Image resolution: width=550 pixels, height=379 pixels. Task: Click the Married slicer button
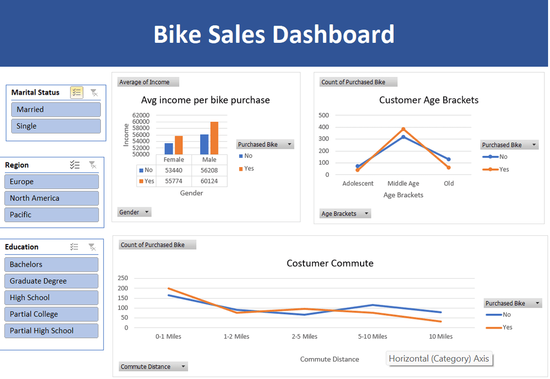point(56,110)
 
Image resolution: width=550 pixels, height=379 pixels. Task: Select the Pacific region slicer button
point(51,215)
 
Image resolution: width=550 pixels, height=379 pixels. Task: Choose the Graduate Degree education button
point(51,281)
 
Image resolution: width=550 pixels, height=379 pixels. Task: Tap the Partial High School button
point(51,331)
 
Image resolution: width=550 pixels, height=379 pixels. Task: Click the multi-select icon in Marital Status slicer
point(76,92)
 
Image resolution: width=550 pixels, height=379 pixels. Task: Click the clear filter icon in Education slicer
point(92,247)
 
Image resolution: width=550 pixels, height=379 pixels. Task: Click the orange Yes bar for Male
point(214,138)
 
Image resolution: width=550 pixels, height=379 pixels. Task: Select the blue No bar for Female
point(169,149)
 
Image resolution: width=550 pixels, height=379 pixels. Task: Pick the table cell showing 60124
point(209,181)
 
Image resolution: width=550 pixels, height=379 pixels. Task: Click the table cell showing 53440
point(174,170)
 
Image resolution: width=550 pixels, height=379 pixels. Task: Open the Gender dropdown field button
point(134,212)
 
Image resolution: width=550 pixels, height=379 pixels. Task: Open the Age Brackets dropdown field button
point(345,213)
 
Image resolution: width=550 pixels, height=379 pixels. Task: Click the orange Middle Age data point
point(403,129)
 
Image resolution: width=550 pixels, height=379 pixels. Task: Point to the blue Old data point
point(449,159)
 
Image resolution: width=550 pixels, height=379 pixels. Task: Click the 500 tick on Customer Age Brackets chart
point(323,115)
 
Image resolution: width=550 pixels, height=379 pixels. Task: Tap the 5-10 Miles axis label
point(373,337)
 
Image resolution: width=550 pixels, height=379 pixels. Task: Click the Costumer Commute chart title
point(330,263)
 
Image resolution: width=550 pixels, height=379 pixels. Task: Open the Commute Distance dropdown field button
point(154,367)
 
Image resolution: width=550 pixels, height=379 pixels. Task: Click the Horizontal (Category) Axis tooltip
point(439,359)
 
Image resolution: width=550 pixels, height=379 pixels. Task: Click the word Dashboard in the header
point(333,34)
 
